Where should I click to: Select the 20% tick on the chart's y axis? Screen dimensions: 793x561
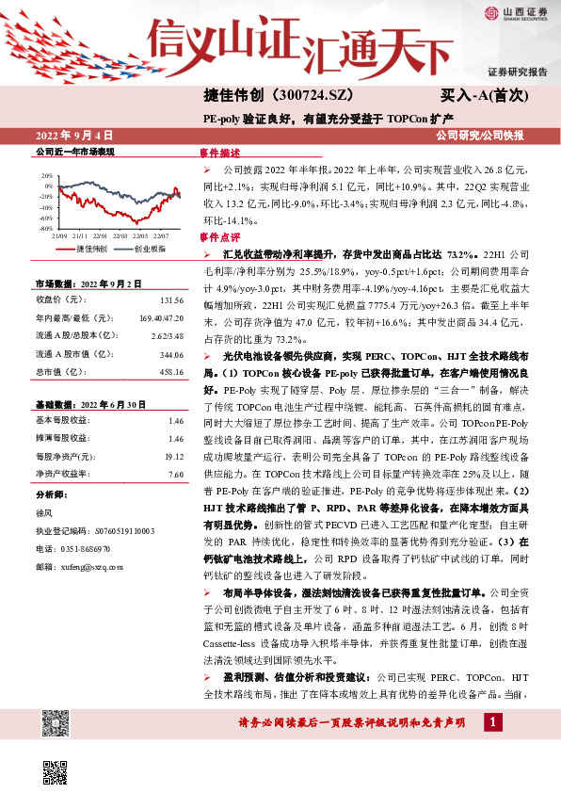(x=47, y=176)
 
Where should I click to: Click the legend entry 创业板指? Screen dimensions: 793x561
(x=150, y=249)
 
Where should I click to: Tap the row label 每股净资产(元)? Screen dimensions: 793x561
(x=63, y=457)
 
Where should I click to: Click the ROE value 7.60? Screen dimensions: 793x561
(x=174, y=475)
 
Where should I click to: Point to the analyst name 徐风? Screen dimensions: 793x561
(x=44, y=512)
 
